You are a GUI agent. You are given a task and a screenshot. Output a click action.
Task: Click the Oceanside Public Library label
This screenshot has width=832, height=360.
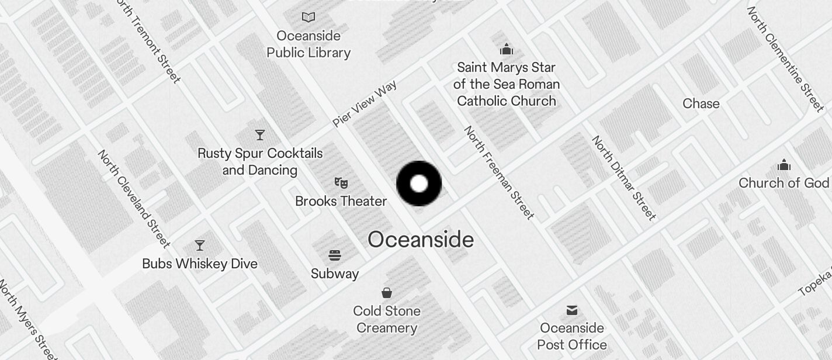point(308,44)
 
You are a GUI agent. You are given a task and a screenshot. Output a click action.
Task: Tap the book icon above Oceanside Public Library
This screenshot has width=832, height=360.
point(308,18)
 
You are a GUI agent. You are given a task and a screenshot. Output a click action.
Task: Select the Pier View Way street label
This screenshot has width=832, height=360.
point(365,104)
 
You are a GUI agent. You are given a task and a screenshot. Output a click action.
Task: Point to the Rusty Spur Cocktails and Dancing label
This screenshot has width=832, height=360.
point(260,162)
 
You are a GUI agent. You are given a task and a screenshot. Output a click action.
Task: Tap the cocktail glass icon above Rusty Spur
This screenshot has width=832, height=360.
point(260,136)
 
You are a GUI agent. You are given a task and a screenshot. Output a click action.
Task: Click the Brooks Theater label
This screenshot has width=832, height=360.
point(341,201)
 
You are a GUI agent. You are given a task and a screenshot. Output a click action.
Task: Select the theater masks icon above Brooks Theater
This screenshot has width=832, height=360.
point(341,183)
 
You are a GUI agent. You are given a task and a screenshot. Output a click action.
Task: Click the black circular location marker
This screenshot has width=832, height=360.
point(419,184)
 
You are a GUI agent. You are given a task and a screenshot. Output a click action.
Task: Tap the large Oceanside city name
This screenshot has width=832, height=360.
point(421,240)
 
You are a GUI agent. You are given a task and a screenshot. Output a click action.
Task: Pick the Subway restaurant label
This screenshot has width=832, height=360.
point(335,274)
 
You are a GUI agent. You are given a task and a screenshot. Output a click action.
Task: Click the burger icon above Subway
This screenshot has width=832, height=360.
point(335,255)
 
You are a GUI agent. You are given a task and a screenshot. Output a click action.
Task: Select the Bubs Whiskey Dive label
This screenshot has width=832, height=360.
point(200,264)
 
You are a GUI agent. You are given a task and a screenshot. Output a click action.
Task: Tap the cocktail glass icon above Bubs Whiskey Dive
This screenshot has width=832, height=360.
point(200,245)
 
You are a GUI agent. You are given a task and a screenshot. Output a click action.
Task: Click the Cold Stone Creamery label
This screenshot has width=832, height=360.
point(387,319)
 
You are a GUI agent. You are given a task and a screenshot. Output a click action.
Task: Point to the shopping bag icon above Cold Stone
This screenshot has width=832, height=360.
point(387,292)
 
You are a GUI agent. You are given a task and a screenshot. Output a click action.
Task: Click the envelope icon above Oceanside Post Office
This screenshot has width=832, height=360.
point(572,310)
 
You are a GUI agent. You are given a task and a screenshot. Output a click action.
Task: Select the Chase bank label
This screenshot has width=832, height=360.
point(701,103)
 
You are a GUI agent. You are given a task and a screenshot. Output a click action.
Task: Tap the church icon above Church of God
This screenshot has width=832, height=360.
point(784,165)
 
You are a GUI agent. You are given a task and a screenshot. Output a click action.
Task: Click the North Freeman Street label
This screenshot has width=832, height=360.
point(499,173)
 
